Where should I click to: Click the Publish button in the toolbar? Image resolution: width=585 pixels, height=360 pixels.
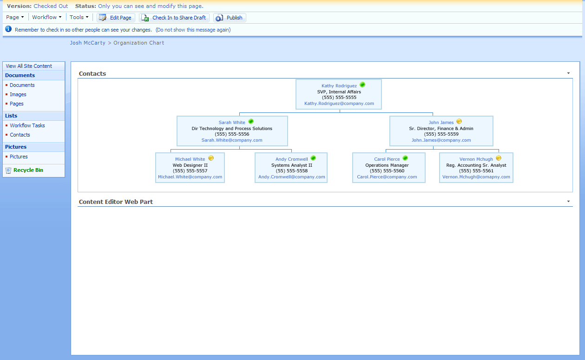(230, 18)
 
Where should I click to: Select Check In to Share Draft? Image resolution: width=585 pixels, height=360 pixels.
(174, 18)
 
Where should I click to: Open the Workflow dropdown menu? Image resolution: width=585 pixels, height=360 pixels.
(47, 17)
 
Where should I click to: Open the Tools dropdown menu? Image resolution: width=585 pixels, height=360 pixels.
(79, 17)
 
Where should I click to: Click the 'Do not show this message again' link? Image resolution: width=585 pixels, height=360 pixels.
(193, 30)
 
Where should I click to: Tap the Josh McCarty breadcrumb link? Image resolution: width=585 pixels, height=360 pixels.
(87, 43)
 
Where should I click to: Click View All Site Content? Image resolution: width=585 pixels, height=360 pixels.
(29, 66)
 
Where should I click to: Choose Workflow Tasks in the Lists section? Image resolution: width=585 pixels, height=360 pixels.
(27, 125)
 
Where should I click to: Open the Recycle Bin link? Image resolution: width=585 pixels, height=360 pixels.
(28, 170)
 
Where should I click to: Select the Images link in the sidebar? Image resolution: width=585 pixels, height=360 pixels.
(18, 94)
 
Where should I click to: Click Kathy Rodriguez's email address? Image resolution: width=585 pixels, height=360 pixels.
(339, 104)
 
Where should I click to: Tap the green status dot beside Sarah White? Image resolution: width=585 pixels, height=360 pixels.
(251, 121)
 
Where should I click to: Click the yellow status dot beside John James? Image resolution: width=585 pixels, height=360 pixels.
(459, 121)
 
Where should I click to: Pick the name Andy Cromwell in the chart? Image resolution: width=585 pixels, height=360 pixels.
(291, 159)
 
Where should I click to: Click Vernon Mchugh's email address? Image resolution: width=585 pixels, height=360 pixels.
(476, 177)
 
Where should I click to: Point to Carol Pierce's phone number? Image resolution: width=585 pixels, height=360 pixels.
(387, 171)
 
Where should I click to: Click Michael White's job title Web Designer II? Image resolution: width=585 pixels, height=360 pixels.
(190, 165)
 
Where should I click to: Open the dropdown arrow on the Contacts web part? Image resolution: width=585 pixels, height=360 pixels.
(568, 73)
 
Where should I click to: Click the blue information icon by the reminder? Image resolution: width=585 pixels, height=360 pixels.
(8, 29)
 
